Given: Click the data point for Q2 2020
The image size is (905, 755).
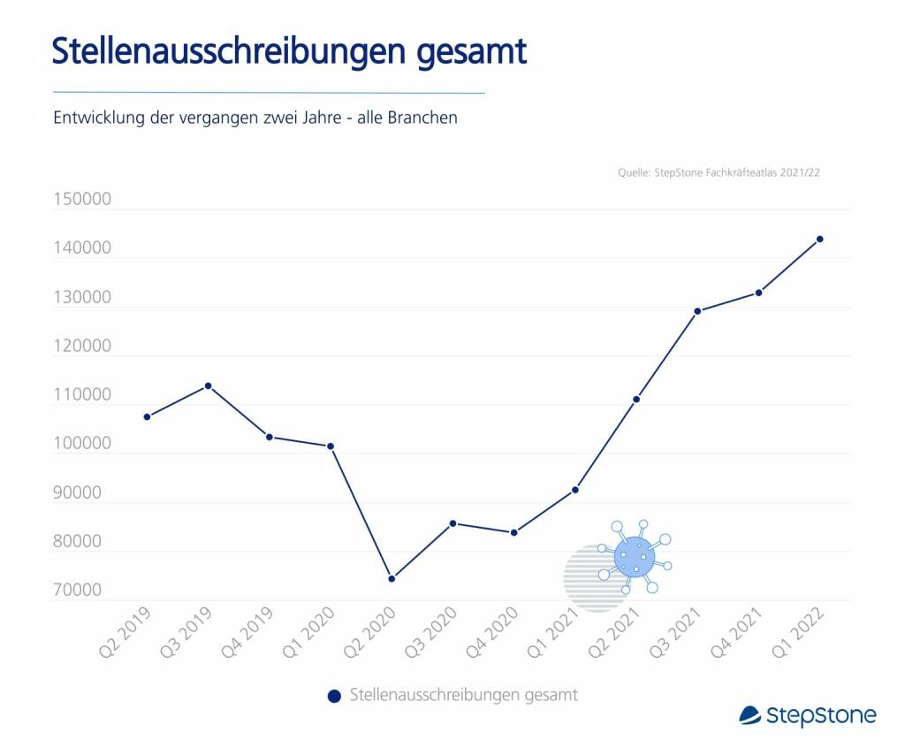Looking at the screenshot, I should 392,578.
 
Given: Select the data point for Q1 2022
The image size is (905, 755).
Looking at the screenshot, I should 820,239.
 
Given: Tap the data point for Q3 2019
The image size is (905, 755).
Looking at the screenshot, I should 209,385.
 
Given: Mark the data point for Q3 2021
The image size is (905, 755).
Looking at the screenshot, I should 697,311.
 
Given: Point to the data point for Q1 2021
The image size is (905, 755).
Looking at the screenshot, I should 575,490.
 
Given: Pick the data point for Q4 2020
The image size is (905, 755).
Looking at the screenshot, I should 513,532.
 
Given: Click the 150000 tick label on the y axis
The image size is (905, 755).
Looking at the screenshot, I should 81,199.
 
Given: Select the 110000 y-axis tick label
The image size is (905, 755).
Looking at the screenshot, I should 81,395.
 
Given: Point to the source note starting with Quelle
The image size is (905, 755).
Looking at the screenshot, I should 719,173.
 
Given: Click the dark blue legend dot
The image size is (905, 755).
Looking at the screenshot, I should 333,696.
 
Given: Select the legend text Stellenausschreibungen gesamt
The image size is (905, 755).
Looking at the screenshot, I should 463,695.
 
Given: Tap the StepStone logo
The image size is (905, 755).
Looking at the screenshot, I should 807,714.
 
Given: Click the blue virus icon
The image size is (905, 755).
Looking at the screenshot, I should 635,558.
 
